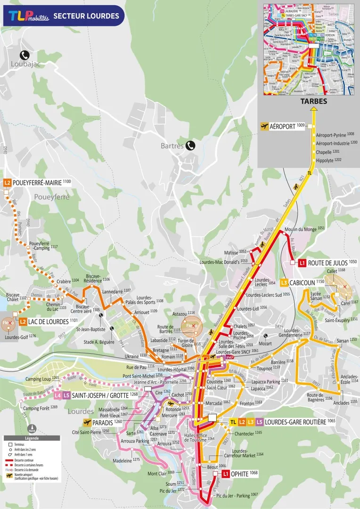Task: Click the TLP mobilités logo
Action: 28,16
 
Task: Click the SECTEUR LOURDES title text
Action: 86,16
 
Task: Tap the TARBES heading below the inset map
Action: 312,101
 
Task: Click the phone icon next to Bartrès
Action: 190,145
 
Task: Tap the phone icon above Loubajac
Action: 24,54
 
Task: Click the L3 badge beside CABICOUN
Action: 284,282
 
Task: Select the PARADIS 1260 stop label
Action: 108,422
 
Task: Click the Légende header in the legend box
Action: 32,438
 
